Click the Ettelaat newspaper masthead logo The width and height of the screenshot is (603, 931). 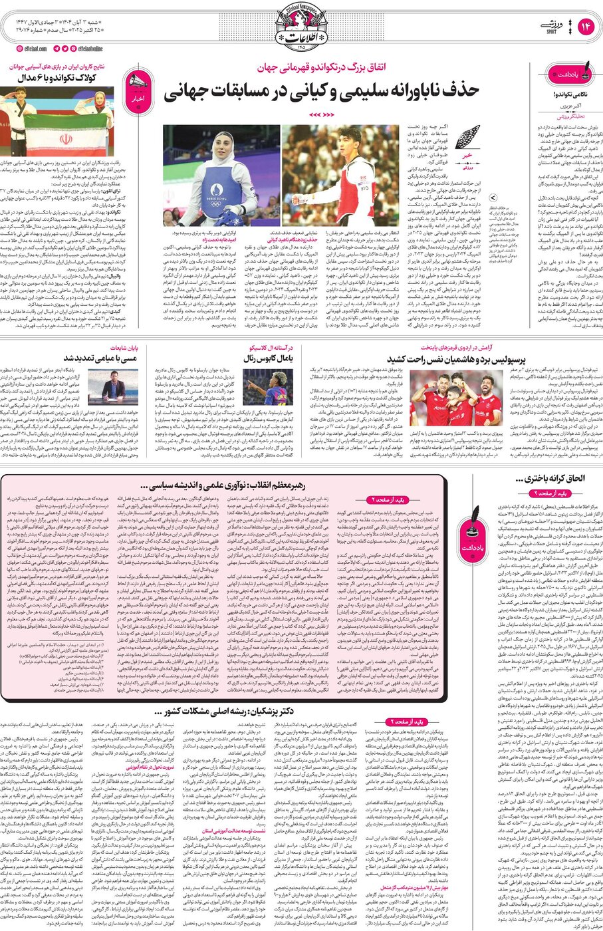click(x=302, y=25)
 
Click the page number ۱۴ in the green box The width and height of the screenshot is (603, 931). click(x=585, y=26)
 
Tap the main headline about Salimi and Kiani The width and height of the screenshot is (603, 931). click(x=322, y=92)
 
